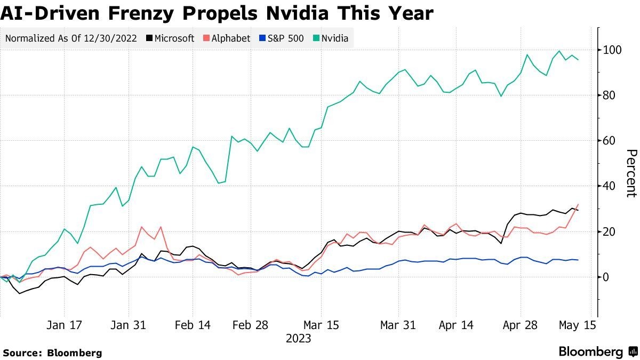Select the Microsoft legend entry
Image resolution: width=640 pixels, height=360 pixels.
pos(170,38)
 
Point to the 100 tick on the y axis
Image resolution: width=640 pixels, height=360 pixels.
pos(612,50)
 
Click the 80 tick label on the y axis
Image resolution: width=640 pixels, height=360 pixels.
pos(610,95)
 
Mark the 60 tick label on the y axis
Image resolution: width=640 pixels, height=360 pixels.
pos(610,141)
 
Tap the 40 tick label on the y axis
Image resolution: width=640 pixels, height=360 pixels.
pos(610,186)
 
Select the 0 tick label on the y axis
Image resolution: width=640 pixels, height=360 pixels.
pos(606,277)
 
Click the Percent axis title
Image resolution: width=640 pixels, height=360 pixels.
pos(631,173)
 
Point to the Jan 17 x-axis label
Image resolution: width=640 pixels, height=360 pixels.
pos(65,325)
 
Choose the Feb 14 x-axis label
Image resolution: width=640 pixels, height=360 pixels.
pos(193,325)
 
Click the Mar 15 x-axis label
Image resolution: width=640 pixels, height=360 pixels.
pos(320,325)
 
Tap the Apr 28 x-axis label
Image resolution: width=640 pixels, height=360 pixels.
pos(519,325)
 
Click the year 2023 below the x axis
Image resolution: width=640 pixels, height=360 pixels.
pos(299,339)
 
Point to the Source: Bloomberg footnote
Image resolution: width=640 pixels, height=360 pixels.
pos(52,353)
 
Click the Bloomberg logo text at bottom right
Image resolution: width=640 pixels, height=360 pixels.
pos(591,352)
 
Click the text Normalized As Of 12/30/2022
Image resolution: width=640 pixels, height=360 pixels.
pos(71,38)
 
